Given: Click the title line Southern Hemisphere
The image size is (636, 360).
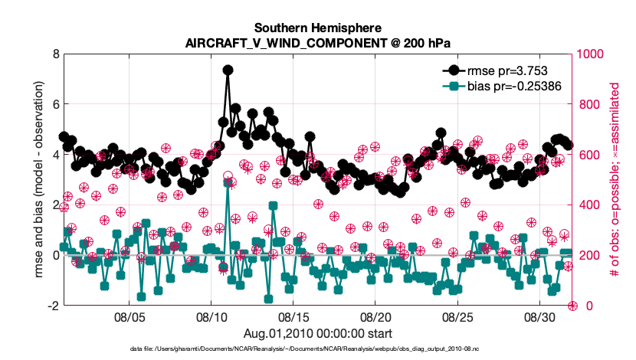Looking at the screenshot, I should click(x=317, y=28).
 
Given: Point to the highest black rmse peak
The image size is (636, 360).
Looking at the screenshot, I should click(x=228, y=70).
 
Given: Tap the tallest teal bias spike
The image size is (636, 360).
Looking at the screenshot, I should click(x=228, y=183).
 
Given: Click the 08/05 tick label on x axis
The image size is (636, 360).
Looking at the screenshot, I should click(x=129, y=316).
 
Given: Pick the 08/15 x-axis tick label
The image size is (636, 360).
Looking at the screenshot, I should click(x=293, y=316).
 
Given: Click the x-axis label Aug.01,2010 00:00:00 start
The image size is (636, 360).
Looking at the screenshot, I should click(x=317, y=332).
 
